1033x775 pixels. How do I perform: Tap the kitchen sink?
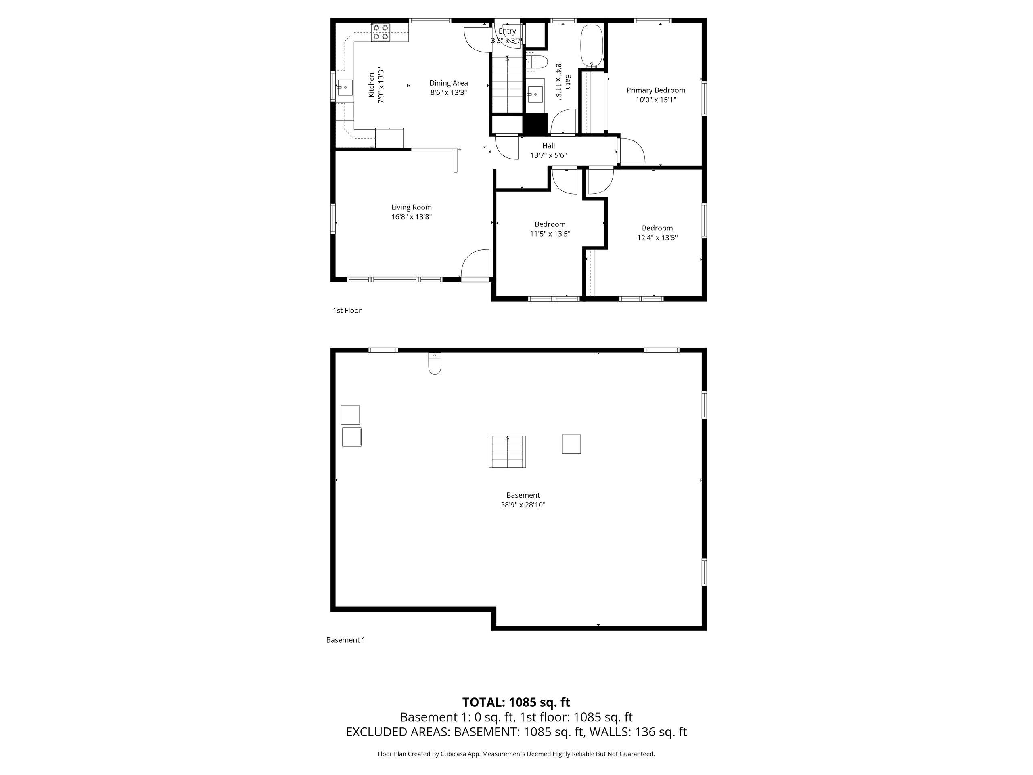tap(344, 87)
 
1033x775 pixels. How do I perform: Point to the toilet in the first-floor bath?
tap(537, 62)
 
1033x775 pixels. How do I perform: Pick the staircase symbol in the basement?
tap(507, 452)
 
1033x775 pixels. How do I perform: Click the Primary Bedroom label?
tap(656, 90)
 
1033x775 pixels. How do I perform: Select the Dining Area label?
tap(448, 83)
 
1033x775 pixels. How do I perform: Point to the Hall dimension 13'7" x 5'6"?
tap(548, 155)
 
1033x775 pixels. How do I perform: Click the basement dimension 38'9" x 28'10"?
tap(523, 505)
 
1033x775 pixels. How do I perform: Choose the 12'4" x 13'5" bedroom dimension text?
tap(657, 237)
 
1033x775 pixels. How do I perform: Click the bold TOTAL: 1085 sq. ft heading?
tap(516, 702)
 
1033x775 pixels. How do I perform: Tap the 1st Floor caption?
tap(347, 310)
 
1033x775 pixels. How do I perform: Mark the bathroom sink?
tap(535, 94)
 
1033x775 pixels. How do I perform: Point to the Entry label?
tap(507, 31)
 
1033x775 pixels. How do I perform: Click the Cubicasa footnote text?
tap(516, 754)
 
